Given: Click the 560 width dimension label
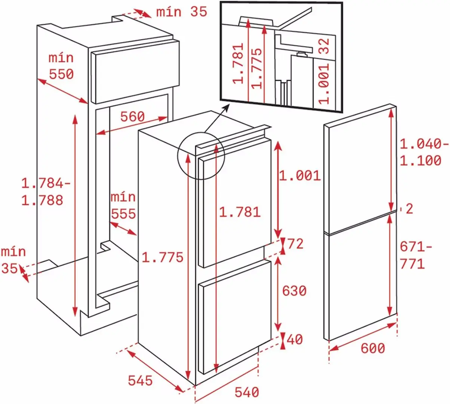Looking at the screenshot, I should pyautogui.click(x=132, y=117).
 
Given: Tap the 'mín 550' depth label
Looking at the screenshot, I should pyautogui.click(x=61, y=66).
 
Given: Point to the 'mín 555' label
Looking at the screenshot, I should pyautogui.click(x=123, y=205).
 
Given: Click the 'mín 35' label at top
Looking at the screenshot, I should pyautogui.click(x=181, y=12).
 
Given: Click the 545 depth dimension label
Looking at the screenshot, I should pyautogui.click(x=140, y=380).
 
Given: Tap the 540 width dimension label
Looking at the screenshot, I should pyautogui.click(x=247, y=392).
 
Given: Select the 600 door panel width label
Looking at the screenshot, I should pyautogui.click(x=372, y=348).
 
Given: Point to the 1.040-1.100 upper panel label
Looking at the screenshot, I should pyautogui.click(x=423, y=152).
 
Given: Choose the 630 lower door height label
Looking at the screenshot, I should pyautogui.click(x=294, y=291).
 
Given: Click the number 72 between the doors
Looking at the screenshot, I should pyautogui.click(x=296, y=244).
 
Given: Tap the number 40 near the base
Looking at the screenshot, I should pyautogui.click(x=295, y=339).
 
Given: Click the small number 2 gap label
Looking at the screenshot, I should pyautogui.click(x=409, y=209).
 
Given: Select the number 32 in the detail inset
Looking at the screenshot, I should pyautogui.click(x=324, y=46).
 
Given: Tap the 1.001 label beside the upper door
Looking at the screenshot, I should pyautogui.click(x=300, y=175).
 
